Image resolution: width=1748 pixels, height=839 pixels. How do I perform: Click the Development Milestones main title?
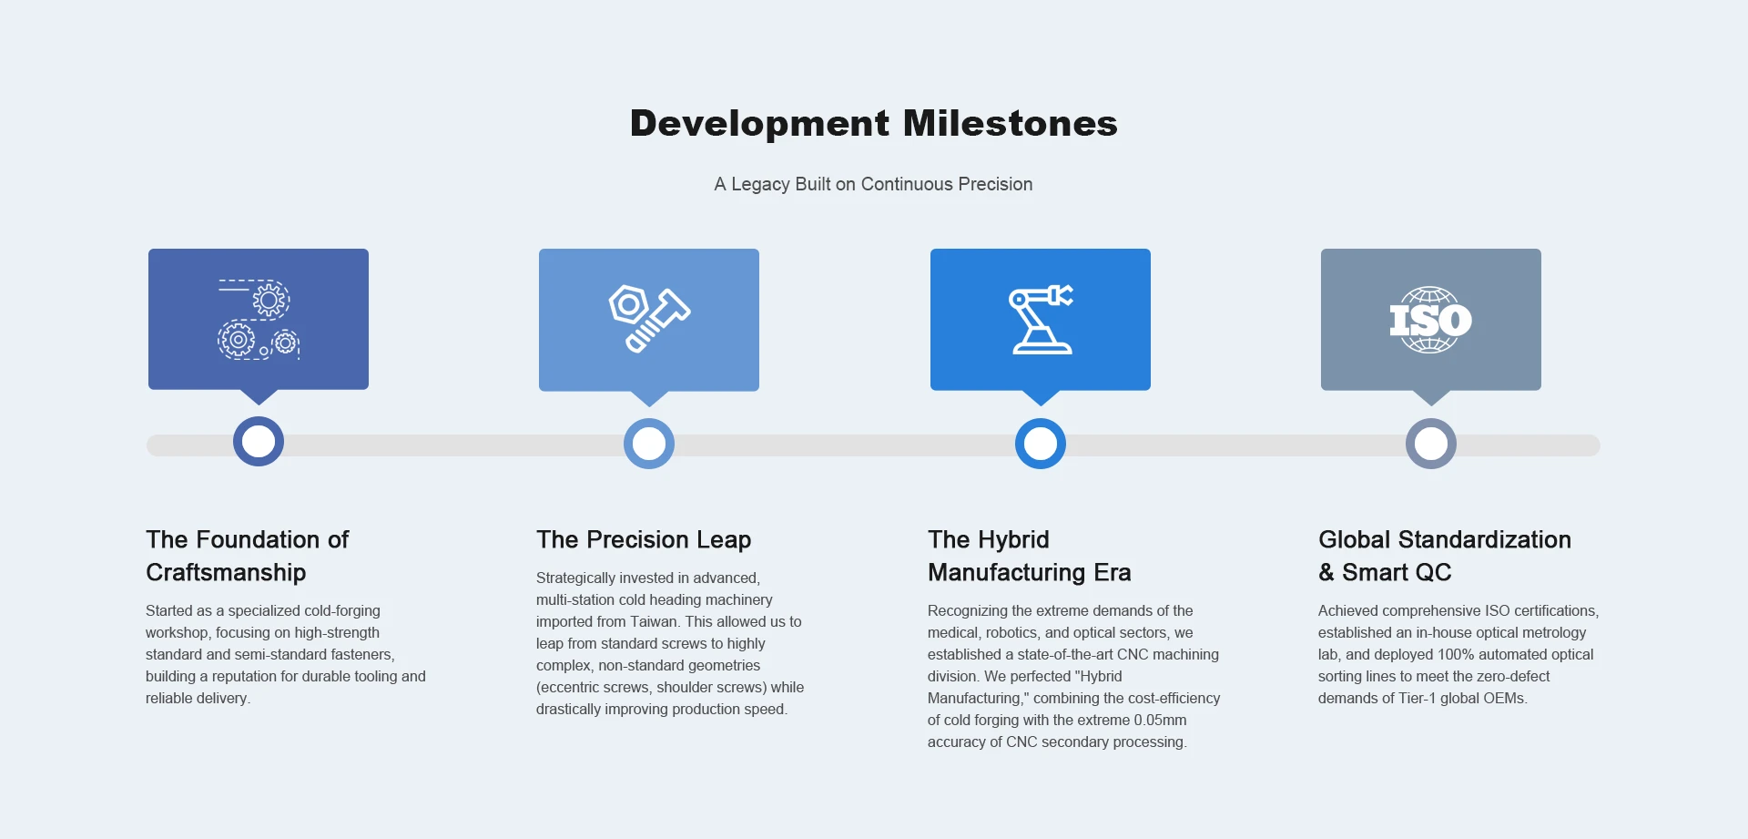874,123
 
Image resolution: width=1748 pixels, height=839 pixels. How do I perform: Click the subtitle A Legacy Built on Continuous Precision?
873,184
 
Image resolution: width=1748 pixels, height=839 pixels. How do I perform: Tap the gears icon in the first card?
259,319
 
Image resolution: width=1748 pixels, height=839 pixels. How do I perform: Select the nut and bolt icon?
649,319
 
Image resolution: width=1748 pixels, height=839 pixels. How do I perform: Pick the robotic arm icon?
1041,319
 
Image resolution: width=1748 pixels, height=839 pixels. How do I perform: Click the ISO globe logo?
1430,320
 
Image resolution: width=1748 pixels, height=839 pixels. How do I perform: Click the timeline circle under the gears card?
259,442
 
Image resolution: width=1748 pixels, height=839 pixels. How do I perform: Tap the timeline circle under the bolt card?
649,444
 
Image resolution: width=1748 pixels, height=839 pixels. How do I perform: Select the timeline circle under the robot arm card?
1041,444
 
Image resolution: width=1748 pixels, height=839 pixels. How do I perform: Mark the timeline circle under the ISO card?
1431,444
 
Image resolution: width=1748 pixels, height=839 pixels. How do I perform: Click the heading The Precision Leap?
644,540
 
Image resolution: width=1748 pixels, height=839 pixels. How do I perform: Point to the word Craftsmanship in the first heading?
226,573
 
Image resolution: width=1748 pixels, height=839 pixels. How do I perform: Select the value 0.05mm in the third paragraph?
1160,720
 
